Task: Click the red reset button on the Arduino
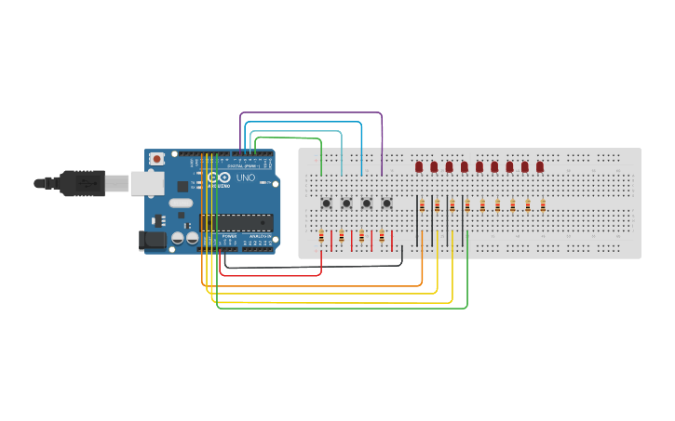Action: pos(156,159)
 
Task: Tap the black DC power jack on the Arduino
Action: pos(152,240)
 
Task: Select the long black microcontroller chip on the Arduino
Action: pos(236,222)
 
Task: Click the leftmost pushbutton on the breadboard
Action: pos(327,204)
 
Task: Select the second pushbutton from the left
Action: pos(346,204)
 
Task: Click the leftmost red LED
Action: pos(419,166)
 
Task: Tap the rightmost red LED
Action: pos(540,166)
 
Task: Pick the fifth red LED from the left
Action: pos(479,166)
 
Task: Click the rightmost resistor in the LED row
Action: pos(543,205)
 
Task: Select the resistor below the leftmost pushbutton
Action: pos(321,238)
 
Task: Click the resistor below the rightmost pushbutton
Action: pos(382,238)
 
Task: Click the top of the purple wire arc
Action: pos(312,113)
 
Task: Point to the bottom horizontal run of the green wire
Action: pos(344,308)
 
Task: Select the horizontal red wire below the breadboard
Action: pos(270,275)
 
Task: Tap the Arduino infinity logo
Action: pos(219,178)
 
